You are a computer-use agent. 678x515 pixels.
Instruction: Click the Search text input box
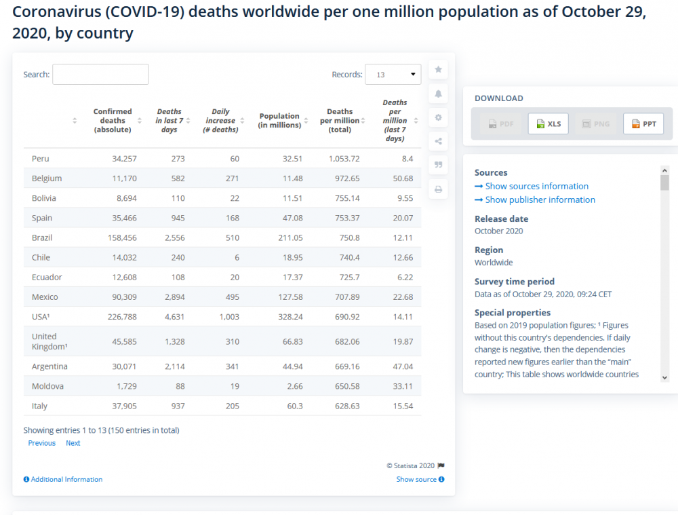tap(101, 75)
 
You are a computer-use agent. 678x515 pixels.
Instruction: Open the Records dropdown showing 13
tap(393, 75)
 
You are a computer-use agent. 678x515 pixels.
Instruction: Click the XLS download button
tap(548, 123)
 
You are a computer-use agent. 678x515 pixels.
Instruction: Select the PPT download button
tap(643, 123)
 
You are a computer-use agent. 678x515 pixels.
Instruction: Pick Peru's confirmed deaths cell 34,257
tap(125, 159)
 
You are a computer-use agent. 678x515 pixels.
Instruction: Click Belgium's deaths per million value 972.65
tap(347, 178)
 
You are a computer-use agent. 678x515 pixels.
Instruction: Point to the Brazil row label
tap(42, 237)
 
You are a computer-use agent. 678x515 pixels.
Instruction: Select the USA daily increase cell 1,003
tap(229, 317)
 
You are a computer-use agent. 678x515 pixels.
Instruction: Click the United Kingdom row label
tap(49, 341)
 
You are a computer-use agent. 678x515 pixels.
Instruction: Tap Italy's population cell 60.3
tap(295, 406)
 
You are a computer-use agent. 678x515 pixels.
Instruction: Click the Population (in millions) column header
tap(279, 120)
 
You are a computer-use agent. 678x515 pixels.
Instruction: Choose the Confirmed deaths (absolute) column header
tap(113, 120)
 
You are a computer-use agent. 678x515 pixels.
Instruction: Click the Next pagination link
tap(73, 443)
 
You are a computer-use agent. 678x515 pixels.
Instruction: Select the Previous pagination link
tap(42, 443)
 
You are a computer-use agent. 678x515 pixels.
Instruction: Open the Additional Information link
tap(63, 480)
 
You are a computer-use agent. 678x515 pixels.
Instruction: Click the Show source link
tap(420, 480)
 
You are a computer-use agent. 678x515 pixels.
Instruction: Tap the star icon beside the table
tap(438, 69)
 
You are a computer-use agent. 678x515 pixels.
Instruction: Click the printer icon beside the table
tap(438, 189)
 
